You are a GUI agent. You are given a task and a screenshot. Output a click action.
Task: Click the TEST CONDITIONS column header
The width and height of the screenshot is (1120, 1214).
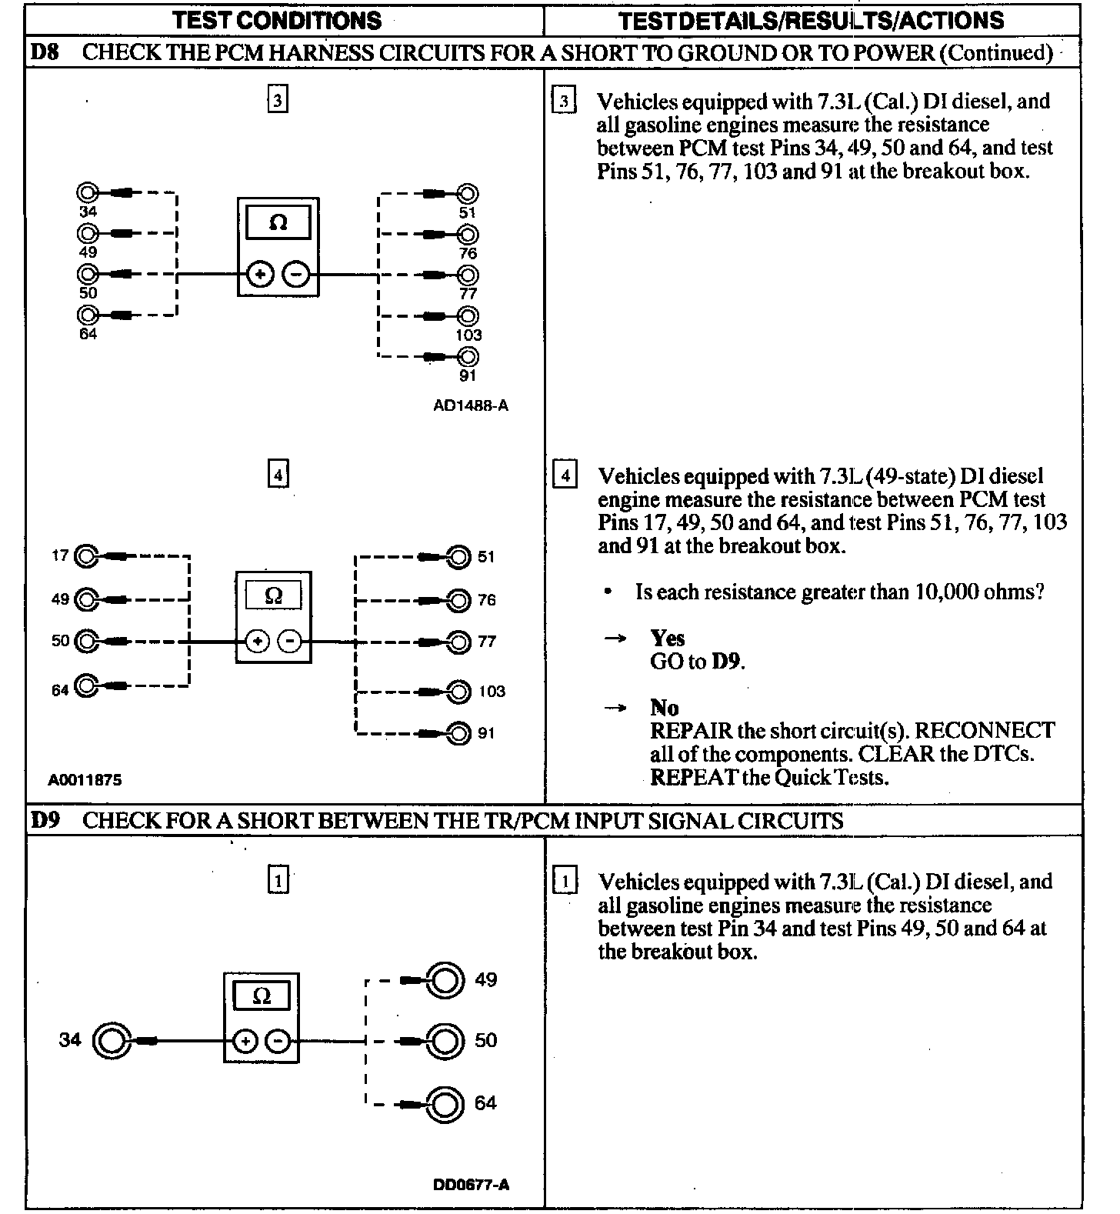[277, 20]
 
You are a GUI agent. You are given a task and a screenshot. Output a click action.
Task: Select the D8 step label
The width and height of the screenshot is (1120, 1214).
[44, 52]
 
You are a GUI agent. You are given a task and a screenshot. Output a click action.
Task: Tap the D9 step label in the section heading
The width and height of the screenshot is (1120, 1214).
[45, 820]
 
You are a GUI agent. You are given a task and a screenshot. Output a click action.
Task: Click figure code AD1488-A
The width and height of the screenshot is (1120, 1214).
[471, 405]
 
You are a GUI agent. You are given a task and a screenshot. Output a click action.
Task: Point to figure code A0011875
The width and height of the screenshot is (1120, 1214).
[85, 780]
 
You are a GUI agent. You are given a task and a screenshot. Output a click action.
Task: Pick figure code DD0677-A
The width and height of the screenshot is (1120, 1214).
[471, 1185]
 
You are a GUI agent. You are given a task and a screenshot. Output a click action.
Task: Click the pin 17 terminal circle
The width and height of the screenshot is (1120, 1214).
[88, 555]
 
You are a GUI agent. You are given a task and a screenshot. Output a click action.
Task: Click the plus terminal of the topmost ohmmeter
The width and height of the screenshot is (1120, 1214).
[261, 275]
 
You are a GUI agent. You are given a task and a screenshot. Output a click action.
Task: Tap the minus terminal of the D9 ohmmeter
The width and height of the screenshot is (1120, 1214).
[278, 1042]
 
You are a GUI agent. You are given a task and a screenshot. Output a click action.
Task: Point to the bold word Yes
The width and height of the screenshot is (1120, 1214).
[667, 639]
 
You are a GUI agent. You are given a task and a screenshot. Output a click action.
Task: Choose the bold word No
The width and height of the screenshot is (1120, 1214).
[664, 708]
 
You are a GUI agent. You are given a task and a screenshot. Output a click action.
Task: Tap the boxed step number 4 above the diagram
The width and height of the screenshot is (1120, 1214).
[278, 475]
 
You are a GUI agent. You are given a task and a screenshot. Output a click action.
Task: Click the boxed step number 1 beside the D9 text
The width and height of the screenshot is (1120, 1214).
[565, 882]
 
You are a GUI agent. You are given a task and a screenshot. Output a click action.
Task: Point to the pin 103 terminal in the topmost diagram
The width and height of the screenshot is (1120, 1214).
[467, 315]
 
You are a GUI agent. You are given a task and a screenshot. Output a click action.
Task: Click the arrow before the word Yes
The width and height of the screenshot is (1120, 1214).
[615, 639]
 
